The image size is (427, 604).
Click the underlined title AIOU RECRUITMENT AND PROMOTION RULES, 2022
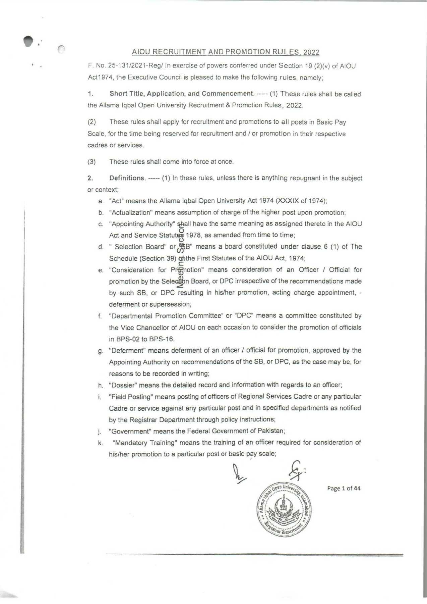click(x=225, y=52)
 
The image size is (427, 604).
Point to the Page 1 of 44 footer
click(x=344, y=489)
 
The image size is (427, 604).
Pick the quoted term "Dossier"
click(x=121, y=385)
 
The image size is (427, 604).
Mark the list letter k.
click(x=100, y=443)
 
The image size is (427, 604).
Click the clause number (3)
click(x=91, y=162)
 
